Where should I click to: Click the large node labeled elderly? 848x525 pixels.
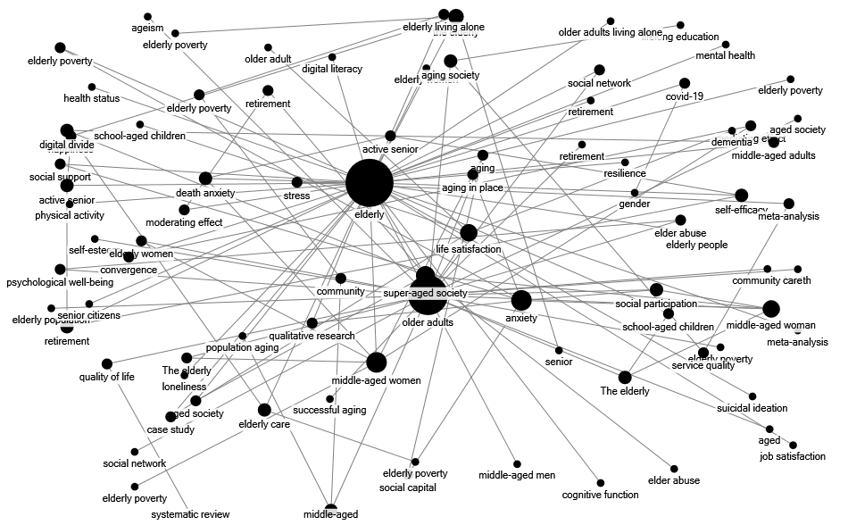tap(370, 185)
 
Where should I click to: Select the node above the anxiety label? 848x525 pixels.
tap(521, 300)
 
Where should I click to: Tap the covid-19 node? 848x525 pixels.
tap(685, 83)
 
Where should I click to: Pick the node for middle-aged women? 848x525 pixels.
tap(376, 362)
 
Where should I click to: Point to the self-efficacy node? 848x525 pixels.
tap(741, 196)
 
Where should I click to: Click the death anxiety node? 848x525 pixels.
tap(205, 179)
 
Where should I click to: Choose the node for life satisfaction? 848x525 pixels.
tap(469, 233)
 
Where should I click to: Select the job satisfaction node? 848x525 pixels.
tap(793, 445)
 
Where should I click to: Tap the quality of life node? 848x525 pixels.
tap(106, 363)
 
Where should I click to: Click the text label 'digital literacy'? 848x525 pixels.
tap(332, 69)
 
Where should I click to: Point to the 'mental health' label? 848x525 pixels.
tap(725, 55)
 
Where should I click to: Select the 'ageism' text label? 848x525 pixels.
tap(147, 29)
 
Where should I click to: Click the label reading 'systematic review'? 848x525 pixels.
tap(190, 513)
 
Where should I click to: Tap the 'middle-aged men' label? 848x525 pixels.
tap(517, 475)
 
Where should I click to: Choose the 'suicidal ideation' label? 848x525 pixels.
tap(752, 408)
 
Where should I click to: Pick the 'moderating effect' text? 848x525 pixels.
tap(185, 221)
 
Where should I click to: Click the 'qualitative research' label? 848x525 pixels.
tap(312, 336)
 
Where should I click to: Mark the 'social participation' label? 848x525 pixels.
tap(656, 304)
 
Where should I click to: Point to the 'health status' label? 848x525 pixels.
tap(91, 98)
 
